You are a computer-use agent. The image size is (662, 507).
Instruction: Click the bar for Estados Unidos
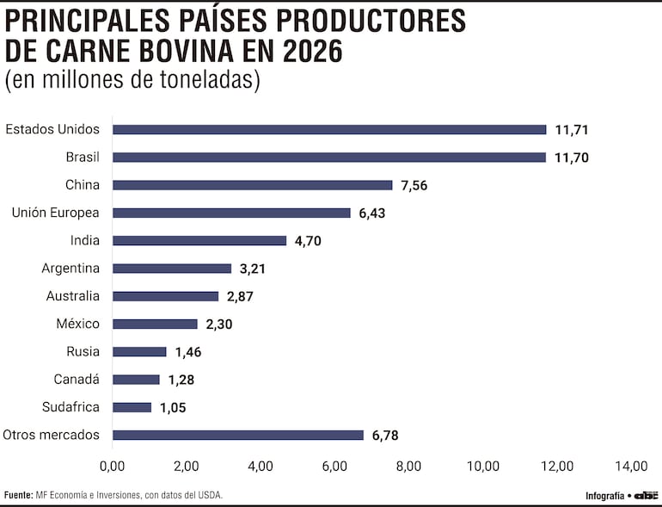pyautogui.click(x=329, y=130)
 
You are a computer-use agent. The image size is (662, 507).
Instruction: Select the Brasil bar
pyautogui.click(x=329, y=158)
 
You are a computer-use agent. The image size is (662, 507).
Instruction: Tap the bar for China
pyautogui.click(x=252, y=185)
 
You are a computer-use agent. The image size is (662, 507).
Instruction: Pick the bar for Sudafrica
pyautogui.click(x=132, y=407)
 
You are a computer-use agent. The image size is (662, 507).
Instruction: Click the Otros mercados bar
pyautogui.click(x=238, y=435)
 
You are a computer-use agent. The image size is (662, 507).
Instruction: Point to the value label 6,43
pyautogui.click(x=371, y=213)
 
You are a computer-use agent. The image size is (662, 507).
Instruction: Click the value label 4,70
pyautogui.click(x=307, y=241)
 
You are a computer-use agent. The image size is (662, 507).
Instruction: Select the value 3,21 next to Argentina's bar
pyautogui.click(x=253, y=269)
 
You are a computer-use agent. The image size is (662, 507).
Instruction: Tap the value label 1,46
pyautogui.click(x=187, y=352)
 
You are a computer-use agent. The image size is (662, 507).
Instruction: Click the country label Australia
pyautogui.click(x=73, y=296)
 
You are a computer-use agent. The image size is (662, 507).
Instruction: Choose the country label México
pyautogui.click(x=77, y=324)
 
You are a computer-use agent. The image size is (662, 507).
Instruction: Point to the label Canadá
pyautogui.click(x=77, y=379)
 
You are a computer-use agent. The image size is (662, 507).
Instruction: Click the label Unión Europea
pyautogui.click(x=55, y=213)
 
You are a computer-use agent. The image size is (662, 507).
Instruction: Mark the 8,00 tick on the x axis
pyautogui.click(x=408, y=467)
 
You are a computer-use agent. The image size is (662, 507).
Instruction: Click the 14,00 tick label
pyautogui.click(x=630, y=467)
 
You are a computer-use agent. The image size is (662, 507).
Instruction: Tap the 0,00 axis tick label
pyautogui.click(x=113, y=467)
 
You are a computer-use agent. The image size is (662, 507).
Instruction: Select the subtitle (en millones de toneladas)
pyautogui.click(x=132, y=80)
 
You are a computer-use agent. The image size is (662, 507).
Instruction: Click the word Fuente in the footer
pyautogui.click(x=18, y=495)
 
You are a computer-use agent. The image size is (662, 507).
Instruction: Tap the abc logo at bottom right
pyautogui.click(x=646, y=495)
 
